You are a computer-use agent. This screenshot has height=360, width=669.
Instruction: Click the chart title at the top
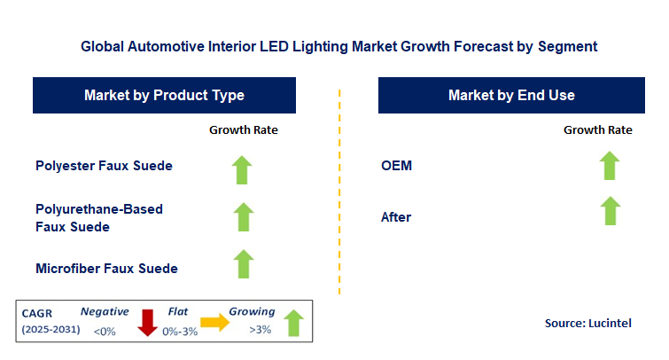[x=338, y=46]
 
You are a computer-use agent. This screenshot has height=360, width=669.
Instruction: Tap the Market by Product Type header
[x=164, y=95]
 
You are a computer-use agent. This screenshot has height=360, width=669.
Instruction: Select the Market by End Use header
[x=511, y=95]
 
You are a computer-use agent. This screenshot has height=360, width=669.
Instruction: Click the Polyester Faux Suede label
[x=104, y=165]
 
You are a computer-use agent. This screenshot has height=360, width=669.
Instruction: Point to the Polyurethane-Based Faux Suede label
[x=99, y=218]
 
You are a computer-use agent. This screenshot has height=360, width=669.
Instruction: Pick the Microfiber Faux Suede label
[x=106, y=268]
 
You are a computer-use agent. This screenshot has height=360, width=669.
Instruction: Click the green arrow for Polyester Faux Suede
[x=242, y=170]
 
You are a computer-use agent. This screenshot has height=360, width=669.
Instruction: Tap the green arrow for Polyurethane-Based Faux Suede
[x=244, y=217]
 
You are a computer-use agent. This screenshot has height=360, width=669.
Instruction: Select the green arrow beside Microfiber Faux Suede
[x=244, y=264]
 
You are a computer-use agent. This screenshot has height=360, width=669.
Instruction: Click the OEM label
[x=396, y=165]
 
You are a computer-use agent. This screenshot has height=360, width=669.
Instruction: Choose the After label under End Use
[x=396, y=217]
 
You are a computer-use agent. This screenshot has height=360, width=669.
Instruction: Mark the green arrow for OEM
[x=610, y=166]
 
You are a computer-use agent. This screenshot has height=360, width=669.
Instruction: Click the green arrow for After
[x=611, y=210]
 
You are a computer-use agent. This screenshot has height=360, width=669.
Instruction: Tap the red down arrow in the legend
[x=148, y=323]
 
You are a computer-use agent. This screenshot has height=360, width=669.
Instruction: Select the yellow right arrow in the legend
[x=215, y=322]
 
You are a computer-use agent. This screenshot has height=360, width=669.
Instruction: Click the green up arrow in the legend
[x=293, y=323]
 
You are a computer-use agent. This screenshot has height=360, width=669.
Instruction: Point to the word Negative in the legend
[x=105, y=312]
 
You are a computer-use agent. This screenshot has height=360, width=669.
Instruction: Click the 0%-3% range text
[x=180, y=332]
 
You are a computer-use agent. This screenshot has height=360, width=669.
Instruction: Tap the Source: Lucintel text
[x=588, y=323]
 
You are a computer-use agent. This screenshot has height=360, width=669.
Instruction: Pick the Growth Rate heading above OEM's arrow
[x=598, y=129]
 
